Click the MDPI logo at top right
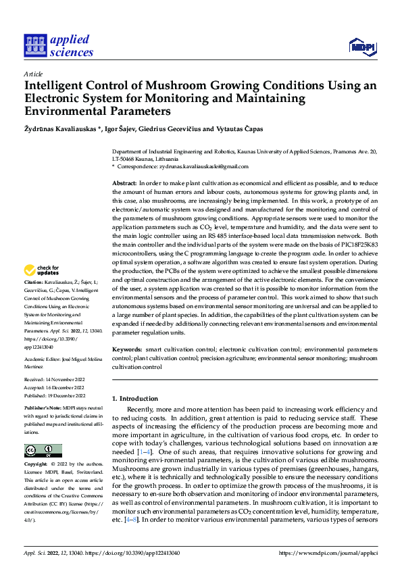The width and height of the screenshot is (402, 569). coord(361,45)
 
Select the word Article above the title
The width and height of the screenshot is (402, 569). coord(33,74)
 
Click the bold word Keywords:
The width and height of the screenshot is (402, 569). coord(127,349)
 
